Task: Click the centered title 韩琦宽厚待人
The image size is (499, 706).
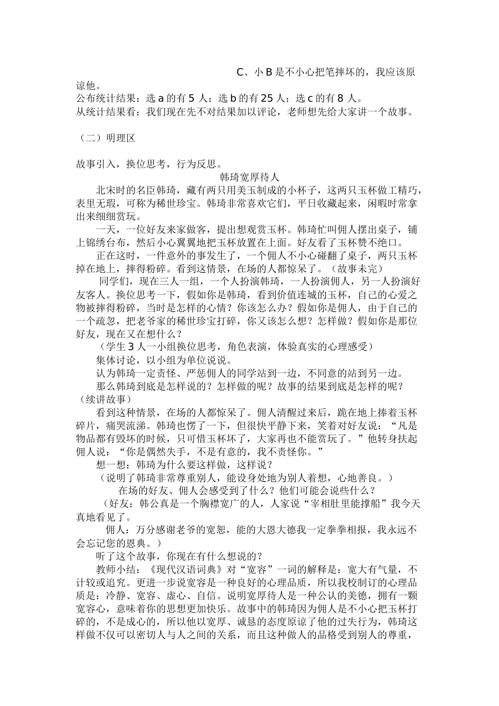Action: tap(250, 177)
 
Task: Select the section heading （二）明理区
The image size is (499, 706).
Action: tap(106, 138)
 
